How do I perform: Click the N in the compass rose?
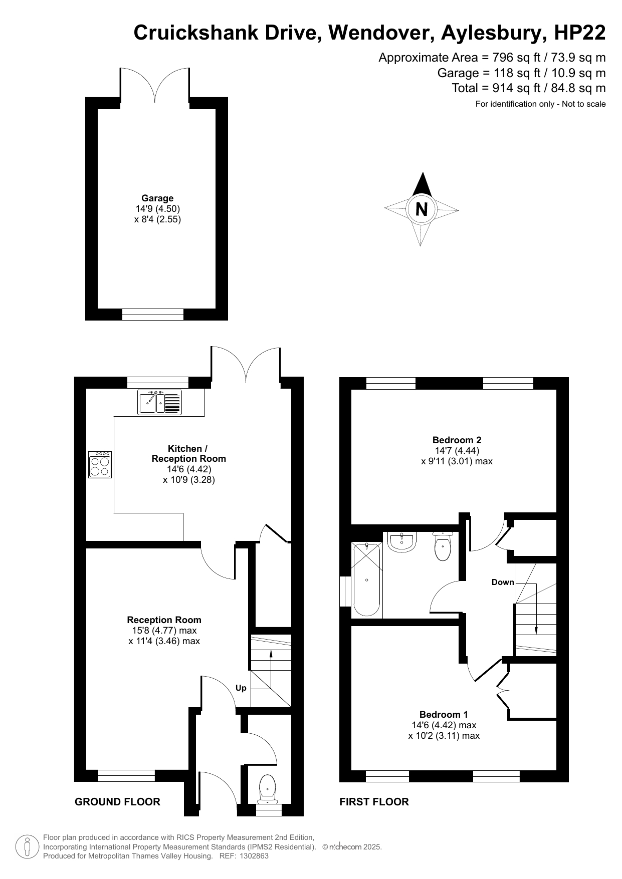click(x=422, y=208)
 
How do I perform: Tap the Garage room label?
click(x=157, y=198)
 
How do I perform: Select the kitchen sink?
click(x=159, y=402)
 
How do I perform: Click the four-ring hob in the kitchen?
click(x=100, y=465)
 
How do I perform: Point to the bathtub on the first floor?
click(x=367, y=579)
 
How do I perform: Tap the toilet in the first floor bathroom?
click(x=443, y=546)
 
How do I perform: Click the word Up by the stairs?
click(x=241, y=688)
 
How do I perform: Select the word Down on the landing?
click(x=503, y=582)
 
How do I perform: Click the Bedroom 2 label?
click(x=457, y=440)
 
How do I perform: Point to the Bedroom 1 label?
click(x=444, y=715)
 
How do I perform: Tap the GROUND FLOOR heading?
click(x=117, y=802)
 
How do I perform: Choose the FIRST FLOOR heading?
click(x=374, y=802)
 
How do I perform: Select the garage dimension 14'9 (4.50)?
click(x=157, y=209)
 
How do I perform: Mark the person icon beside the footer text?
click(x=27, y=846)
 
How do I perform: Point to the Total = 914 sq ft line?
click(x=529, y=88)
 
